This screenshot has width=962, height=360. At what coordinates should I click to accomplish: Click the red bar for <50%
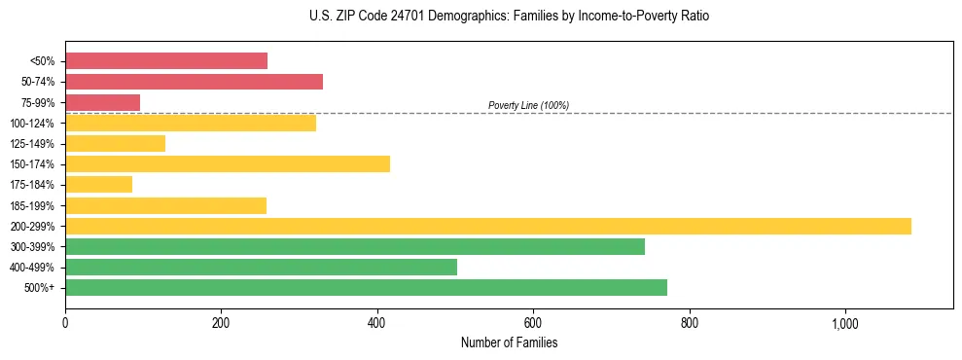(x=166, y=61)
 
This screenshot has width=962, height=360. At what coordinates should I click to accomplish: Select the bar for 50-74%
(x=194, y=82)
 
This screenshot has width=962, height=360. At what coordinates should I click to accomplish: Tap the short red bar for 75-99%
(x=102, y=102)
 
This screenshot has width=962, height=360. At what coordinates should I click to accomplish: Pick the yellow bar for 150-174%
(x=228, y=163)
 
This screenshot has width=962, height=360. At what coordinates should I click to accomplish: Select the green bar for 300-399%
(x=355, y=246)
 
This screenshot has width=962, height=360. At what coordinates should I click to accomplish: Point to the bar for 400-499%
(x=261, y=267)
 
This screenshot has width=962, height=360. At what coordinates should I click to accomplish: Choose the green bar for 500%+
(x=366, y=287)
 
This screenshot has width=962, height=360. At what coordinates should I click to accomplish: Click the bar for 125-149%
(x=115, y=143)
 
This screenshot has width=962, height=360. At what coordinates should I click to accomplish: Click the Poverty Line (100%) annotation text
(x=528, y=105)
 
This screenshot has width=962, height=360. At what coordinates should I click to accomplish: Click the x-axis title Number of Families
(x=509, y=342)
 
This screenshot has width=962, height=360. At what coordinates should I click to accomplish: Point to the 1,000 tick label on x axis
(x=844, y=323)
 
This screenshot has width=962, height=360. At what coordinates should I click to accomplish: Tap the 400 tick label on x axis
(x=377, y=323)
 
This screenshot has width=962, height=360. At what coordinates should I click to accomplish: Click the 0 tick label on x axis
(x=65, y=323)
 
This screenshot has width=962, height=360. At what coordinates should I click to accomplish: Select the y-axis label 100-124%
(x=32, y=124)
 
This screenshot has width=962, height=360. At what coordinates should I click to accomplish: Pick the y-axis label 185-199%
(x=32, y=205)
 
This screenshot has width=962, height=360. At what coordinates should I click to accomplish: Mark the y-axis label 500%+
(x=39, y=288)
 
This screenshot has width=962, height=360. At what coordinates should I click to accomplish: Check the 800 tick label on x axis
(x=689, y=323)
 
